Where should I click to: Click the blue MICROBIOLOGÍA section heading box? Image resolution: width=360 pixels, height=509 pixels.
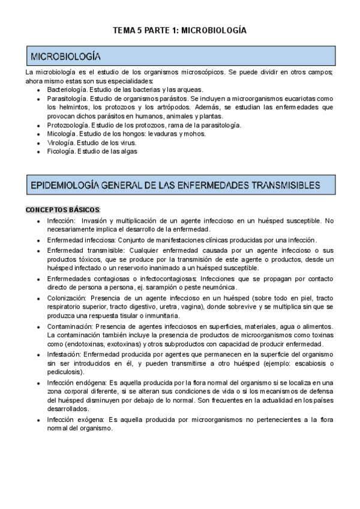coord(180,56)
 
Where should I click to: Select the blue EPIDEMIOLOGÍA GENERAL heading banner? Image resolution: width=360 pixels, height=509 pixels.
coord(180,185)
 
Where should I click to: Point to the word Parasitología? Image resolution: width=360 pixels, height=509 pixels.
coord(67,98)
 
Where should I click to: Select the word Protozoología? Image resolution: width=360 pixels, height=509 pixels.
coord(68,125)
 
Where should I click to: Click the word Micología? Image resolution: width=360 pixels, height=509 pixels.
coord(61,134)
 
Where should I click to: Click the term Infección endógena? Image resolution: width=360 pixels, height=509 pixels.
coord(76,382)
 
